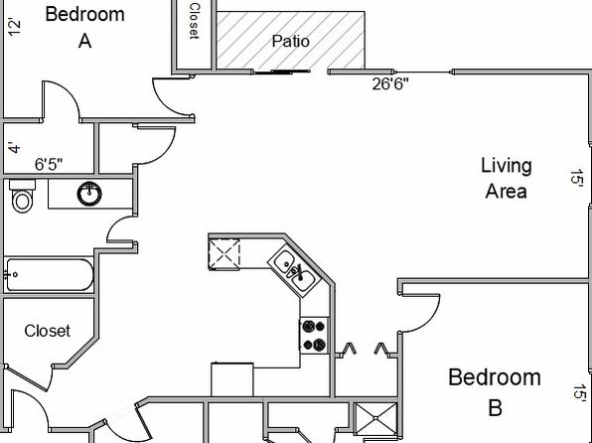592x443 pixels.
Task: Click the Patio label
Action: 291,41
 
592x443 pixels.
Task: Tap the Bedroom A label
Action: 85,27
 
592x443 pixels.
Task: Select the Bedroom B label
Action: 495,392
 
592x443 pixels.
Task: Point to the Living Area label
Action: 507,178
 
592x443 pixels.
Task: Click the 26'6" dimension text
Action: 390,83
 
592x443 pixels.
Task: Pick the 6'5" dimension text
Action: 49,164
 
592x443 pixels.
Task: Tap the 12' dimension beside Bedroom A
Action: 14,28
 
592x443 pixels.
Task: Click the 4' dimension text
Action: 14,148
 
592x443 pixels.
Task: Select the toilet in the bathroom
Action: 22,196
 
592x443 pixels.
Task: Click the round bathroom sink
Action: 89,194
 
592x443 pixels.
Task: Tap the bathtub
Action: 49,275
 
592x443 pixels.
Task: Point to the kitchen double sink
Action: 295,268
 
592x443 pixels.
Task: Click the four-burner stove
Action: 315,336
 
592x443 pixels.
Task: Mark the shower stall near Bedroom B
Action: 376,418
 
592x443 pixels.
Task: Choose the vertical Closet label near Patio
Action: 194,21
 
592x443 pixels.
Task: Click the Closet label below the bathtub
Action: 48,331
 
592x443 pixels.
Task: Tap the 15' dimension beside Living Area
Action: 577,177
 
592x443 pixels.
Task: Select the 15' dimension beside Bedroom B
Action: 579,392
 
